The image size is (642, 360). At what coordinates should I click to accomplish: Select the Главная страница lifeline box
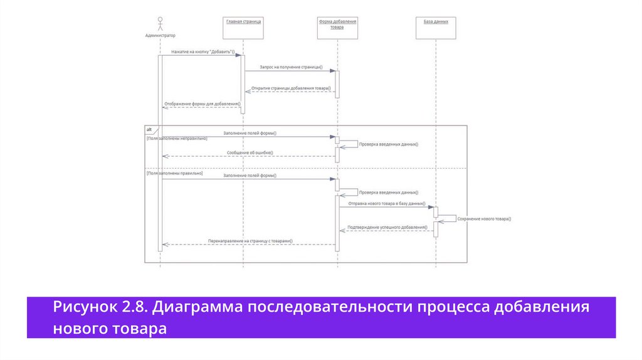pyautogui.click(x=243, y=28)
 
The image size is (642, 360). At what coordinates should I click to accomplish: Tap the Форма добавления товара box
pyautogui.click(x=338, y=28)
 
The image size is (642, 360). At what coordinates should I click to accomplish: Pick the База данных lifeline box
pyautogui.click(x=436, y=28)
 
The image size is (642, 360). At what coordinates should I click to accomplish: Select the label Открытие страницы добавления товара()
pyautogui.click(x=291, y=88)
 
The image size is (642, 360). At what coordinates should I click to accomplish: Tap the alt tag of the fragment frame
pyautogui.click(x=149, y=129)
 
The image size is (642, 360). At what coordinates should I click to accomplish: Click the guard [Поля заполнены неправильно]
pyautogui.click(x=177, y=138)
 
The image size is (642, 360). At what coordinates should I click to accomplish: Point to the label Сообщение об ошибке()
pyautogui.click(x=249, y=153)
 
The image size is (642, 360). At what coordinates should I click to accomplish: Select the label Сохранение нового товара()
pyautogui.click(x=484, y=219)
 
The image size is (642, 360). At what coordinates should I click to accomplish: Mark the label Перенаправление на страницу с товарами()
pyautogui.click(x=250, y=241)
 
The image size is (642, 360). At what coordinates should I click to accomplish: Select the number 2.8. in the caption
pyautogui.click(x=134, y=308)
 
